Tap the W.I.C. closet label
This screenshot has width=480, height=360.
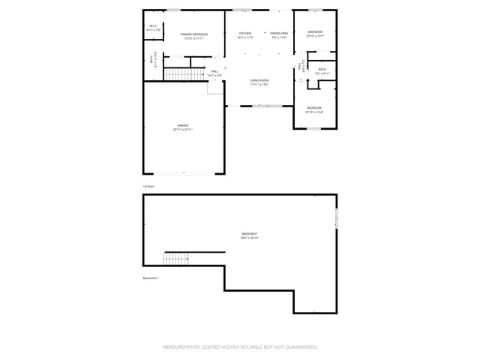(x=153, y=28)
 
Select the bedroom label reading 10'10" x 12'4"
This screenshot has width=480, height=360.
(x=314, y=109)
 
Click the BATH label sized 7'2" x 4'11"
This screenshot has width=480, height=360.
(x=322, y=71)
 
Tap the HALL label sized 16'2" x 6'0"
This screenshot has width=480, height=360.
(x=193, y=73)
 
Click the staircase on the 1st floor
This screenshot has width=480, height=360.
(x=181, y=74)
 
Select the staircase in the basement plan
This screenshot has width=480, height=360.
(x=176, y=259)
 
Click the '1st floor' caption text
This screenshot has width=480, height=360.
(x=148, y=186)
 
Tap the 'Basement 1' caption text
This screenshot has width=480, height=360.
(x=150, y=278)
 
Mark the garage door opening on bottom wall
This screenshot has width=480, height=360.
(x=183, y=174)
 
